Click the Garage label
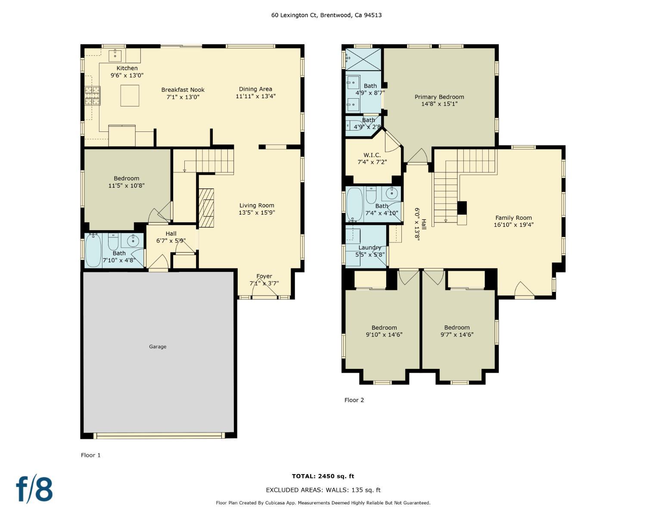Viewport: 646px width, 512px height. click(158, 347)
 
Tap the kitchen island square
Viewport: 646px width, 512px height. click(130, 96)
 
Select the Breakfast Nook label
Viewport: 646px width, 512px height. click(183, 90)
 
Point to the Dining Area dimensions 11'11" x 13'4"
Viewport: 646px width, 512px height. click(255, 96)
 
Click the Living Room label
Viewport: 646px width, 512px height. click(257, 206)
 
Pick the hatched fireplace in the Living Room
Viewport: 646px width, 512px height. click(207, 208)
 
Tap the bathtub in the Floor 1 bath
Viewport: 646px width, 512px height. click(93, 250)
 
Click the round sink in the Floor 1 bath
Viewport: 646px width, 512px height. click(132, 240)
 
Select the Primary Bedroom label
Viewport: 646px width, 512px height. click(439, 97)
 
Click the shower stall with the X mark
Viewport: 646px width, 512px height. click(363, 59)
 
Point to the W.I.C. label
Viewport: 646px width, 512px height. click(372, 155)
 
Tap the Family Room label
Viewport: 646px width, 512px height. click(513, 218)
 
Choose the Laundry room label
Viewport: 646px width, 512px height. click(370, 247)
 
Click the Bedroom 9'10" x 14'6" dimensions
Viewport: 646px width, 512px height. click(384, 334)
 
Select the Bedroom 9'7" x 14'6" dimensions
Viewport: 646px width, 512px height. click(457, 334)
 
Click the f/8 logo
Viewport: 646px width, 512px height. click(34, 488)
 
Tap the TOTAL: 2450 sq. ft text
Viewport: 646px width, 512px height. click(323, 476)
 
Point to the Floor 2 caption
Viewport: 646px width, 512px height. click(354, 400)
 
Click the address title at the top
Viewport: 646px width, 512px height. click(326, 15)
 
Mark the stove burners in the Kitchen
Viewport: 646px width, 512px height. click(93, 96)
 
